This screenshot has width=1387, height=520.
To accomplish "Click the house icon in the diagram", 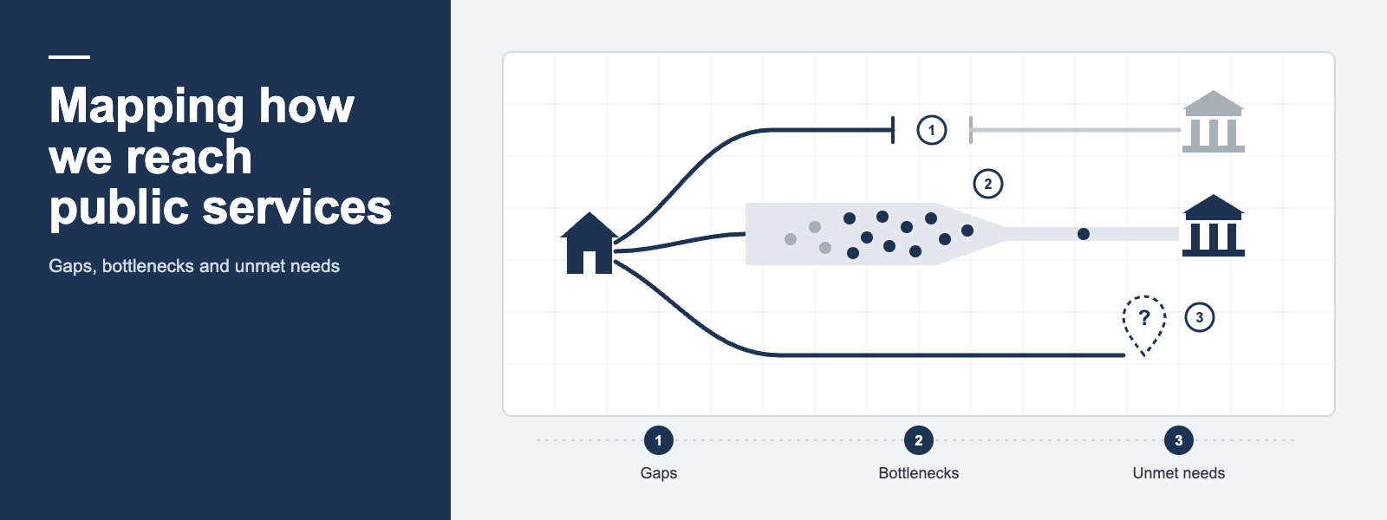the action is click(589, 244).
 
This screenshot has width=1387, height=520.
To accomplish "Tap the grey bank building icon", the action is click(1213, 122).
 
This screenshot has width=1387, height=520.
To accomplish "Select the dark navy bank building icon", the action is click(1213, 226).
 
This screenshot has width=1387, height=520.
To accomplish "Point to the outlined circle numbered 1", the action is click(931, 130).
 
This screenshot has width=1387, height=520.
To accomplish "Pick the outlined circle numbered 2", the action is click(987, 184).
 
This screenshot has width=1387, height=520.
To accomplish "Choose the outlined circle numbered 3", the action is click(1200, 317).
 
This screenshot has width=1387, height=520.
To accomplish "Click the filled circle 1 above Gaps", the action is click(658, 440).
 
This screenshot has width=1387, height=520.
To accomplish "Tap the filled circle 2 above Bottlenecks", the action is click(918, 440).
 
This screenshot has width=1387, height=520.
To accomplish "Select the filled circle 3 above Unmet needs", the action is click(1178, 440).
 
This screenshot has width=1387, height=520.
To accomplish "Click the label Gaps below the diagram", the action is click(658, 473).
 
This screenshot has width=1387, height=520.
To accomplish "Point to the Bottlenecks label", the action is click(918, 473).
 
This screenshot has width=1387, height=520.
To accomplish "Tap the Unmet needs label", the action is click(1178, 473).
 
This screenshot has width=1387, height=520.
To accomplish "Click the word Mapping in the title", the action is click(147, 107).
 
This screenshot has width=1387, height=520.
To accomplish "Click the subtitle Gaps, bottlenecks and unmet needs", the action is click(194, 266).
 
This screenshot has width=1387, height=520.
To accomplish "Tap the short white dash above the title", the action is click(69, 57).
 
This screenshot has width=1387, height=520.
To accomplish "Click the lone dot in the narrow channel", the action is click(1084, 234).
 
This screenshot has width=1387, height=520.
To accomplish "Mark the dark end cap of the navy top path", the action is click(893, 130).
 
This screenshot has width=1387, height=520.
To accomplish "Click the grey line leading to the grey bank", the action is click(1076, 130).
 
